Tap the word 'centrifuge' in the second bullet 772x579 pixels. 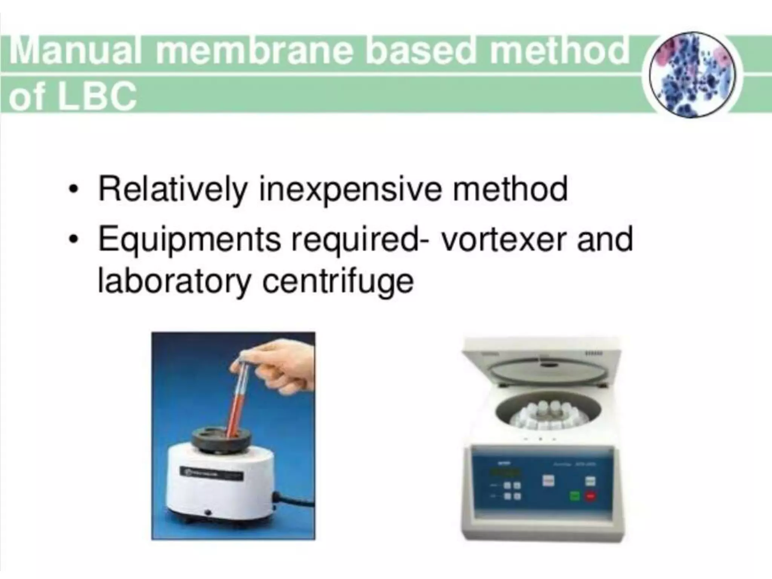338,281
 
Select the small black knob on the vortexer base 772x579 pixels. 207,513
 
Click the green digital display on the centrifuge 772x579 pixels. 507,473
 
